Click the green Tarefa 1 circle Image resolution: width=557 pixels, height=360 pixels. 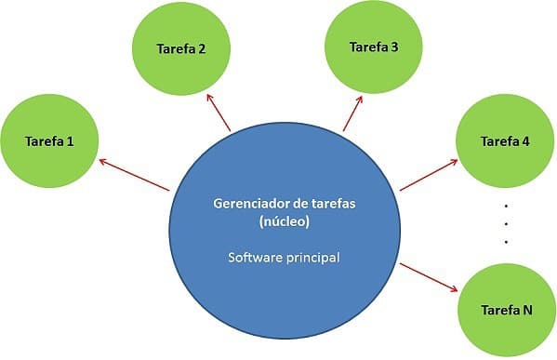[49, 141]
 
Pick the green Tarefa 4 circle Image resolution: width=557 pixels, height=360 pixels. [506, 141]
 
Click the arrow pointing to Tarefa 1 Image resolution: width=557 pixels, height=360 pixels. [133, 177]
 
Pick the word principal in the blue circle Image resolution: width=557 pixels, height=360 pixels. [312, 255]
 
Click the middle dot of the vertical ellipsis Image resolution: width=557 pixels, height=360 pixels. [506, 223]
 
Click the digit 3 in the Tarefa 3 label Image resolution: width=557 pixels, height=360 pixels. [395, 46]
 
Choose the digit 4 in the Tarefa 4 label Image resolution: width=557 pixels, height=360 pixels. [526, 141]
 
